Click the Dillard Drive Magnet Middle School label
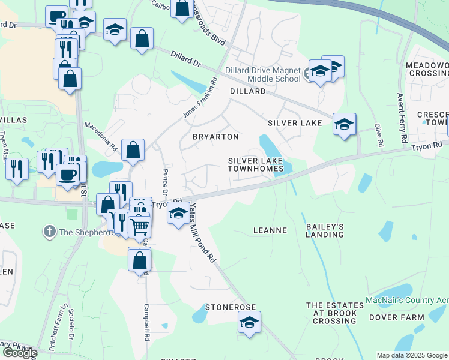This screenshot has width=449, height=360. coord(262,74)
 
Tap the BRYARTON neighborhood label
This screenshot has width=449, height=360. coord(215,137)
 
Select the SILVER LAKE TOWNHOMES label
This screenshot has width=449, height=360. coord(255,164)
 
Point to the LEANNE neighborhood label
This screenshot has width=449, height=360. coord(270,230)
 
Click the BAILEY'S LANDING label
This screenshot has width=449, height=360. coord(325,230)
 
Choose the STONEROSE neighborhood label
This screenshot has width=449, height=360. coord(231,307)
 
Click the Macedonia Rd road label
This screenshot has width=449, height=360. coord(100,136)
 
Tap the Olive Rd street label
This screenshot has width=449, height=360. coord(378,136)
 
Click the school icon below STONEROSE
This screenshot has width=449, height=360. coord(249,322)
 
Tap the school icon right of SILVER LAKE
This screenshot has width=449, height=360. coord(344,124)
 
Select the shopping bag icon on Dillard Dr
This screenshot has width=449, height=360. coord(142,39)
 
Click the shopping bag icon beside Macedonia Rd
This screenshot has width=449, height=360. coord(133,150)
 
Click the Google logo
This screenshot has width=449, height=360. coord(19,353)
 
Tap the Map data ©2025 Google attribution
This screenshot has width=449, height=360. coord(412,355)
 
